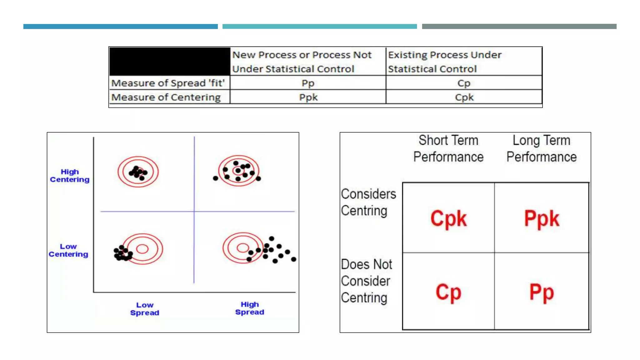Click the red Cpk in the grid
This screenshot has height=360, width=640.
448,218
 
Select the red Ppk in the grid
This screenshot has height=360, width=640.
542,218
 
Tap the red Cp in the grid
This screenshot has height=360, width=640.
448,292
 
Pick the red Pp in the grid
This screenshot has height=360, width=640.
542,292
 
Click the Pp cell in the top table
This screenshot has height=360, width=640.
308,83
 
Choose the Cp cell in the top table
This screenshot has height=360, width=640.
464,83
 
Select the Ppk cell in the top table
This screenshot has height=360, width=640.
308,97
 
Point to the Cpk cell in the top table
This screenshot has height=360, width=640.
464,97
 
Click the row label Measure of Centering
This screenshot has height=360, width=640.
166,97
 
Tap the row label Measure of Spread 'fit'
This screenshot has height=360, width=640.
168,83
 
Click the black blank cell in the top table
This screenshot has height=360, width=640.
170,61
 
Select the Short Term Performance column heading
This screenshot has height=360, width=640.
448,148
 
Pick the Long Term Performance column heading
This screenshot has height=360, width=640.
542,148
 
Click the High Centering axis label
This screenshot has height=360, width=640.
70,176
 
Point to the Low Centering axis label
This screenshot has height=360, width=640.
68,250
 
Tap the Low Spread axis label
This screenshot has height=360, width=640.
145,309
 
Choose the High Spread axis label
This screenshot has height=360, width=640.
250,308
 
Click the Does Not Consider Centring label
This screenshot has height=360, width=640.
366,281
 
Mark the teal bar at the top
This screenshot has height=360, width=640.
319,27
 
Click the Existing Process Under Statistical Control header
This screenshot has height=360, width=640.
445,62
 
